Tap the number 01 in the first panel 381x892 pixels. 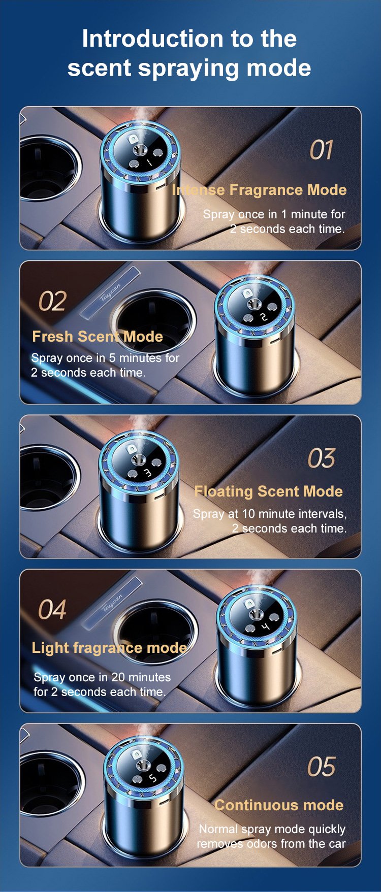click(322, 150)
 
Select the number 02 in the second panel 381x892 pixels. click(52, 301)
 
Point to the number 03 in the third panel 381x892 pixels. click(322, 458)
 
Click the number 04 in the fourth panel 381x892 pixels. click(52, 610)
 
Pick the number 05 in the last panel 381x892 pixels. click(322, 767)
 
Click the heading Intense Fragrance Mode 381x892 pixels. click(259, 190)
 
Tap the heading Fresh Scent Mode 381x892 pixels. click(98, 337)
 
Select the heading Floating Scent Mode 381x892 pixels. click(269, 491)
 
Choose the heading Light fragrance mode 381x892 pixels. click(109, 648)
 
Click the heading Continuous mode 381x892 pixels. click(279, 805)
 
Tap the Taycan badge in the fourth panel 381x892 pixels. click(112, 603)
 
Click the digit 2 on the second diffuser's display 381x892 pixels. click(263, 317)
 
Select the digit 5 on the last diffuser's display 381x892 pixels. click(152, 778)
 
